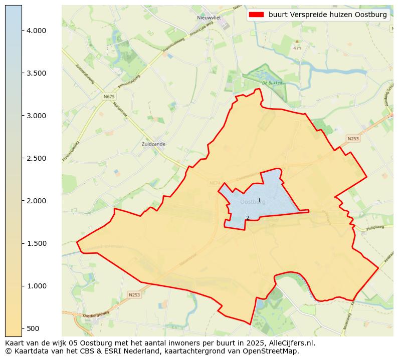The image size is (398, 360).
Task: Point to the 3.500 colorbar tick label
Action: click(x=36, y=73)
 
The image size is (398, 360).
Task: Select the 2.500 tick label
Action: click(x=36, y=158)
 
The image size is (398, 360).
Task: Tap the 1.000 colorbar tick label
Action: click(x=36, y=286)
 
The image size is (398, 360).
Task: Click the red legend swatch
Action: click(x=256, y=15)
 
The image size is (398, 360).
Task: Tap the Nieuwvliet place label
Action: click(x=209, y=18)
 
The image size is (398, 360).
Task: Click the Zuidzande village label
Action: click(x=154, y=144)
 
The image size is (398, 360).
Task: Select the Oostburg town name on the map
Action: click(x=253, y=202)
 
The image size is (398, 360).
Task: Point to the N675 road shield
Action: click(x=109, y=96)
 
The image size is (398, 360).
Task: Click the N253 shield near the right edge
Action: click(x=353, y=138)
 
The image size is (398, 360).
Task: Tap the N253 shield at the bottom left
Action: click(x=134, y=295)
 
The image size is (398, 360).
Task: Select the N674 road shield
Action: click(x=215, y=183)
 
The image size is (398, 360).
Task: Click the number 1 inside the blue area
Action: click(x=259, y=214)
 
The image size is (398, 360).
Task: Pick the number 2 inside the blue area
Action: click(x=248, y=218)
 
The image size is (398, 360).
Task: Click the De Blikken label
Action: click(x=272, y=83)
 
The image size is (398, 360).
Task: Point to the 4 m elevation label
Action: click(x=297, y=48)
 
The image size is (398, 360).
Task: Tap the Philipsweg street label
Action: click(x=375, y=227)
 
